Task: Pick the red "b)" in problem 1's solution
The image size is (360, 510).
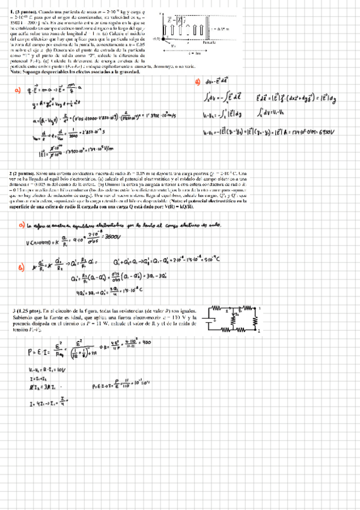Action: [x=198, y=82]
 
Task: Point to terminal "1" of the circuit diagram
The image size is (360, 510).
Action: [x=259, y=308]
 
